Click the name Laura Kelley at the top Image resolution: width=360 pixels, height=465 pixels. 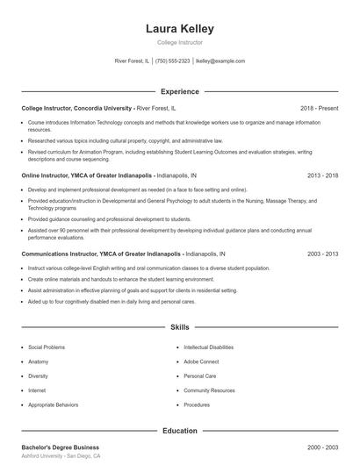click(x=179, y=28)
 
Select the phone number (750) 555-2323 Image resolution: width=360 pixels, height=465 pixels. click(x=173, y=61)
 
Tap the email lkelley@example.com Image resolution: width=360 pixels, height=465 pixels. click(x=220, y=61)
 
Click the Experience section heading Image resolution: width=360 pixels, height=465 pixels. click(x=179, y=91)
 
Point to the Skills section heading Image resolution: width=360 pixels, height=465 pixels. click(x=179, y=326)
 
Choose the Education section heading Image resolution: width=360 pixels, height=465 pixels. click(x=179, y=431)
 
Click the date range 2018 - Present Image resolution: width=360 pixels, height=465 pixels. click(x=319, y=108)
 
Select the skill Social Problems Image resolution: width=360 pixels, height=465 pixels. click(x=47, y=347)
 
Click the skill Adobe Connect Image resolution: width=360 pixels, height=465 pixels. click(x=202, y=361)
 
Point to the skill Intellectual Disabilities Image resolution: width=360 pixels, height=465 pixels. click(x=209, y=347)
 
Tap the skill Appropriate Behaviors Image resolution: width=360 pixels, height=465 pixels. click(x=54, y=404)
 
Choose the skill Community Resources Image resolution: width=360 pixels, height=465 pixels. click(x=210, y=390)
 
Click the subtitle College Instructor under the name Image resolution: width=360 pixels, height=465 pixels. click(x=179, y=42)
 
